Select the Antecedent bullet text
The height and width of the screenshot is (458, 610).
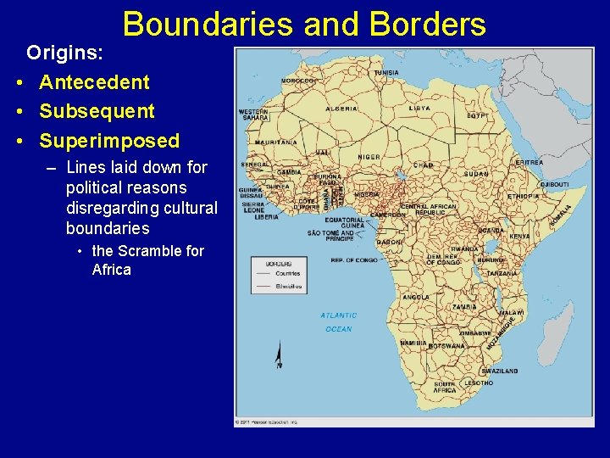pyautogui.click(x=94, y=82)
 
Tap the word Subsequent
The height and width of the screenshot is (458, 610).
pyautogui.click(x=97, y=111)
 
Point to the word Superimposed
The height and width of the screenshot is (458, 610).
pyautogui.click(x=109, y=140)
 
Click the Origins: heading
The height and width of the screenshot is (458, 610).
pyautogui.click(x=65, y=53)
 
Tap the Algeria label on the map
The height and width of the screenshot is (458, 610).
pyautogui.click(x=341, y=109)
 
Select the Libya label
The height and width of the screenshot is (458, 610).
pyautogui.click(x=419, y=109)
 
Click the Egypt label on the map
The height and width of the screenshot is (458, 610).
pyautogui.click(x=476, y=114)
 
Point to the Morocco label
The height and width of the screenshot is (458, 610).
pyautogui.click(x=297, y=81)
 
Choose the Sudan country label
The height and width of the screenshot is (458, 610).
pyautogui.click(x=475, y=173)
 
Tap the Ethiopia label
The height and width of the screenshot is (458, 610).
pyautogui.click(x=523, y=196)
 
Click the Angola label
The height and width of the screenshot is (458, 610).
pyautogui.click(x=415, y=298)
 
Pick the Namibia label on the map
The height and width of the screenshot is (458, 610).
pyautogui.click(x=413, y=343)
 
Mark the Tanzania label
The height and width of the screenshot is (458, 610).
pyautogui.click(x=502, y=273)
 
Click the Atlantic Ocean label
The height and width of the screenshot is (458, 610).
pyautogui.click(x=338, y=322)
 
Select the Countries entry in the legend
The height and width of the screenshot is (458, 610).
pyautogui.click(x=289, y=273)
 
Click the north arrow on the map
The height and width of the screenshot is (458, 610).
pyautogui.click(x=279, y=356)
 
